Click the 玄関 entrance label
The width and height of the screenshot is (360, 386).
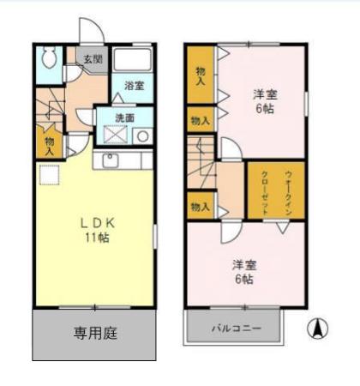click(x=93, y=59)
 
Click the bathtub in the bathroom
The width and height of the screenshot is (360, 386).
click(x=133, y=59)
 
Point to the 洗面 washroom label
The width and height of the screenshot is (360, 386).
click(x=125, y=118)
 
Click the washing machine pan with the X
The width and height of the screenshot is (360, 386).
click(x=115, y=136)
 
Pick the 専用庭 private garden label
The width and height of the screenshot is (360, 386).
click(x=94, y=332)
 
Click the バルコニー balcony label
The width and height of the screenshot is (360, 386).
click(x=235, y=327)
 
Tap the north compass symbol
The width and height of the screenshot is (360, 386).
click(x=317, y=328)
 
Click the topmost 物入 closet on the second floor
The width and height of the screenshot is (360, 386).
click(x=199, y=75)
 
